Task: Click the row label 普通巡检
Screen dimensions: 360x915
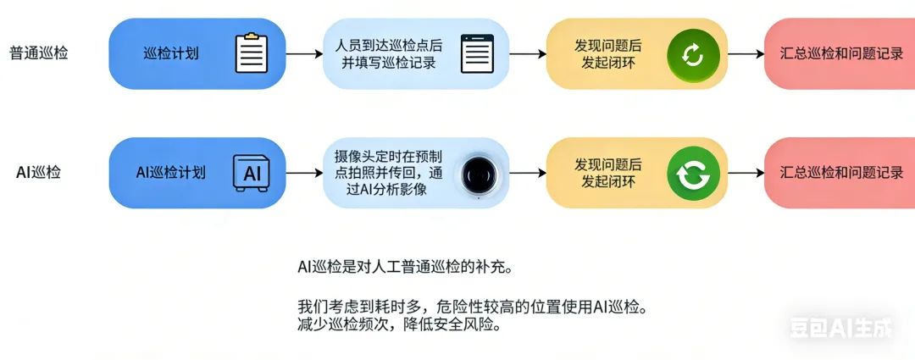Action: [x=39, y=53]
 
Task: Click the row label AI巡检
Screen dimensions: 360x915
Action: [x=39, y=173]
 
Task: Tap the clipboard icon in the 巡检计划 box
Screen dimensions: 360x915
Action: [x=251, y=53]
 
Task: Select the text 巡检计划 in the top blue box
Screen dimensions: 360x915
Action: [x=171, y=53]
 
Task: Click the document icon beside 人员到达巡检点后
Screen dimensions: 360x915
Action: [x=476, y=53]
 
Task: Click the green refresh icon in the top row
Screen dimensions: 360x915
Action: [x=693, y=54]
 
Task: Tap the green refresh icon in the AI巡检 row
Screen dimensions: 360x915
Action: [x=693, y=173]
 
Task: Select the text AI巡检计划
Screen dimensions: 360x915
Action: [x=171, y=173]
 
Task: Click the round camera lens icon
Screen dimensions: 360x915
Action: [x=477, y=174]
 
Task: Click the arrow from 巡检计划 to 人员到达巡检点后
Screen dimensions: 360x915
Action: [x=304, y=53]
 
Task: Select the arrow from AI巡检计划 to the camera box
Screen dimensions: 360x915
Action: [x=304, y=174]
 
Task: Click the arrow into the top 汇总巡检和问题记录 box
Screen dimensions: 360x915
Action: [x=746, y=53]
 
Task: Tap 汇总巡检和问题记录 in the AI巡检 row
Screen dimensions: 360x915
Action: [x=841, y=173]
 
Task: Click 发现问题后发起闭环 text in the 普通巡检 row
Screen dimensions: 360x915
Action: [x=607, y=53]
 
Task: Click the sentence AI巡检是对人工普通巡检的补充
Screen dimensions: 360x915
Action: [x=405, y=267]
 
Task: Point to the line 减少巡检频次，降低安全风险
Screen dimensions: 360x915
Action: [x=399, y=324]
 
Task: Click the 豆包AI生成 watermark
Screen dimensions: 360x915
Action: [x=840, y=328]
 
